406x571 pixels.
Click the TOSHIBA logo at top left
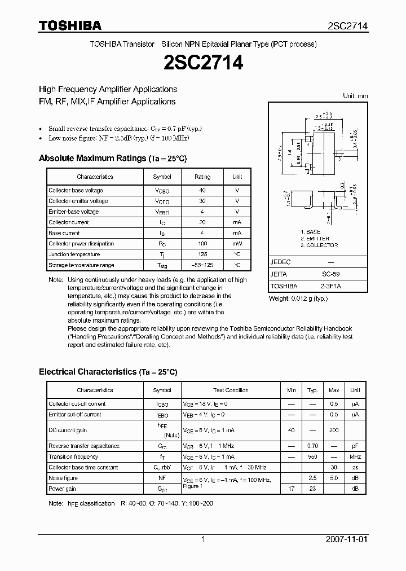(70, 26)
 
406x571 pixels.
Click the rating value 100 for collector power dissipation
(202, 244)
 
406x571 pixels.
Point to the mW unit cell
(237, 244)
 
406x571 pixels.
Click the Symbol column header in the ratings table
(162, 177)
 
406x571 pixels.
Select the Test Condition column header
(231, 390)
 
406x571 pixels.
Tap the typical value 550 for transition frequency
(312, 457)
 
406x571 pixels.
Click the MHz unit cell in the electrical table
(355, 457)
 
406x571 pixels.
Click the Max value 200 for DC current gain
(334, 431)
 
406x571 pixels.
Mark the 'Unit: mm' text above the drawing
(355, 96)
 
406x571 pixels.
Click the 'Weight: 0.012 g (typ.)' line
(298, 298)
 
